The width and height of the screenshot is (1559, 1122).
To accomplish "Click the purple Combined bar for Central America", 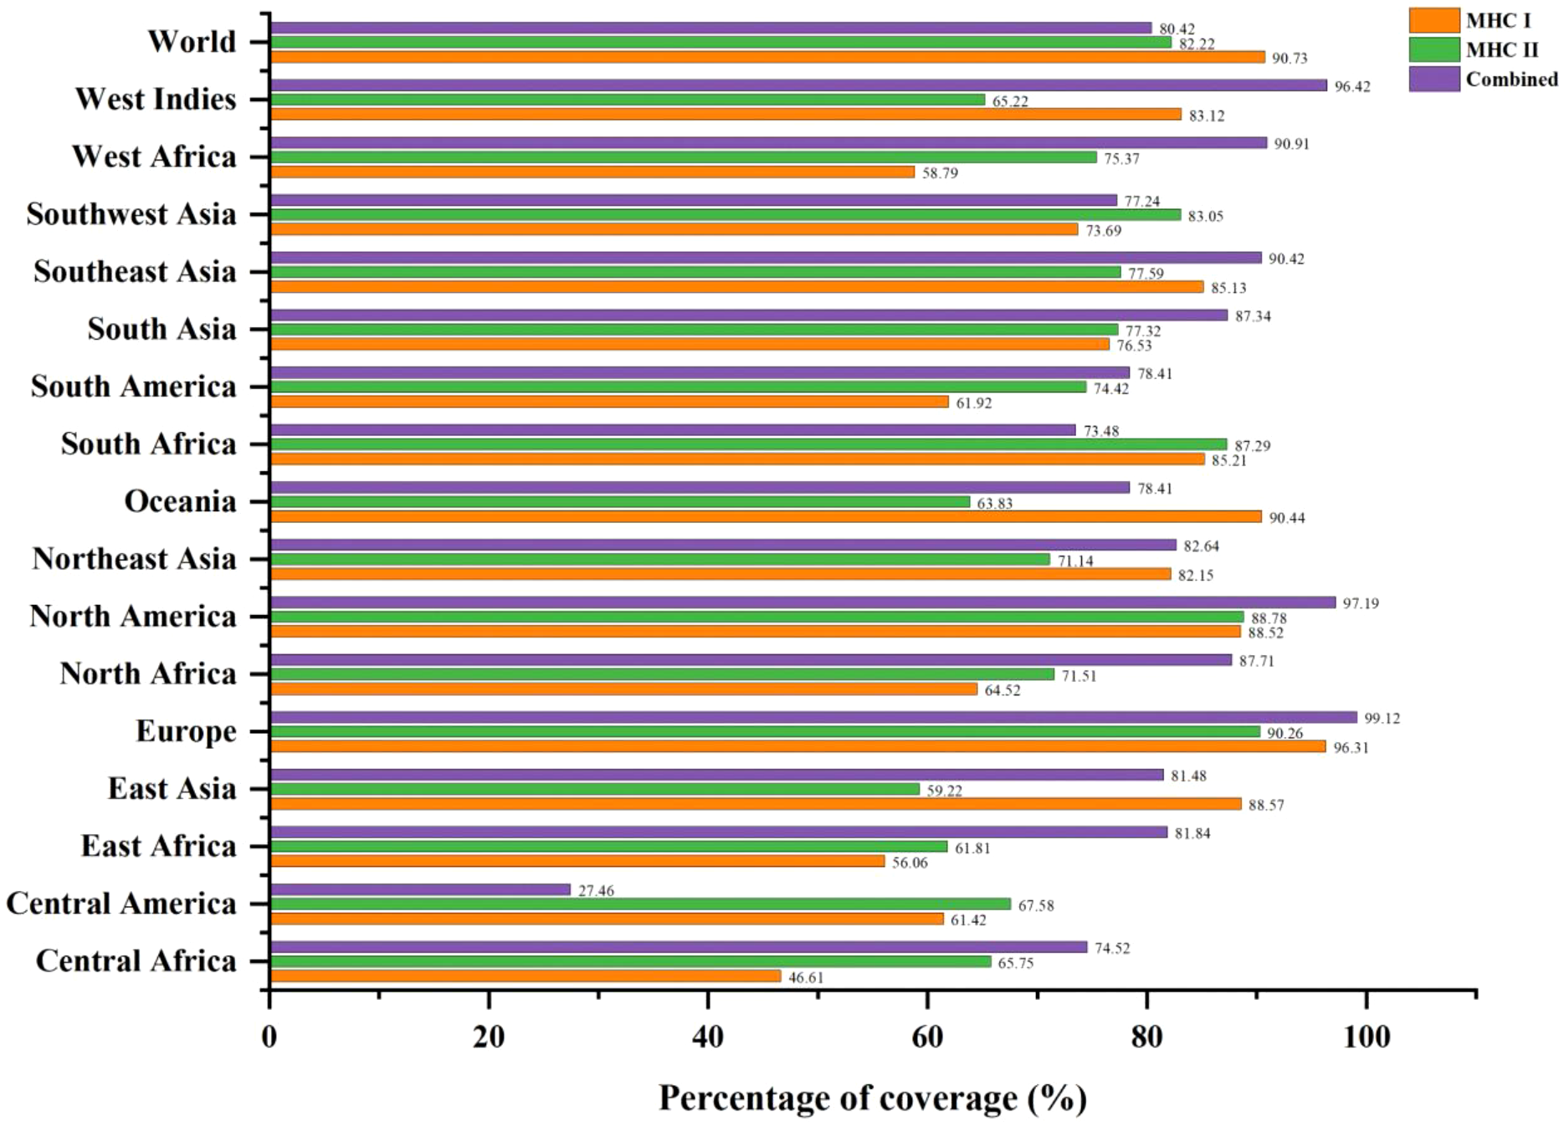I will pos(420,889).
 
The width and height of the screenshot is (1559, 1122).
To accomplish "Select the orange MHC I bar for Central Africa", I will pos(526,976).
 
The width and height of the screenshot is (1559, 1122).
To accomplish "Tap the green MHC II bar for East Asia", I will pos(595,789).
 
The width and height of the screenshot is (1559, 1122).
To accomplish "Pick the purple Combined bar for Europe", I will pos(813,717).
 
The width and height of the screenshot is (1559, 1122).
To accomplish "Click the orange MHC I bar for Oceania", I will pos(766,517).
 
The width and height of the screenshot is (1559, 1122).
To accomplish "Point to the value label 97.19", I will pos(1361,603).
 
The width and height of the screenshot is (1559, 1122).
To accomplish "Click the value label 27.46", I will pos(596,891).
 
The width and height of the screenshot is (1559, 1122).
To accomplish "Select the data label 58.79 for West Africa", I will pos(940,173).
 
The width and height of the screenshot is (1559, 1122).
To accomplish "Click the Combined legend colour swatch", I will pos(1434,79).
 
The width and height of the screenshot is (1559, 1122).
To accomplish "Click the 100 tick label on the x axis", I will pos(1366,1037).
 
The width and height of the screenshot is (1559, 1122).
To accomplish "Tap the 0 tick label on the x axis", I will pos(269,1037).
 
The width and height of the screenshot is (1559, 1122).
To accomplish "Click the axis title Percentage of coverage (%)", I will pos(872,1097).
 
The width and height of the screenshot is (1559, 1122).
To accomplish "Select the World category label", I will pos(192,41).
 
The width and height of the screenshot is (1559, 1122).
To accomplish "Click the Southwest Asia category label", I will pos(131,214).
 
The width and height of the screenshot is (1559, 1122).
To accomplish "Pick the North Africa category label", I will pos(148,674).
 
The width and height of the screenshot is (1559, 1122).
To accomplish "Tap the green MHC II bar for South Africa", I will pos(748,444).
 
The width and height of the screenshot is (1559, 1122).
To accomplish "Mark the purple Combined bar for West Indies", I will pos(798,85).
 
